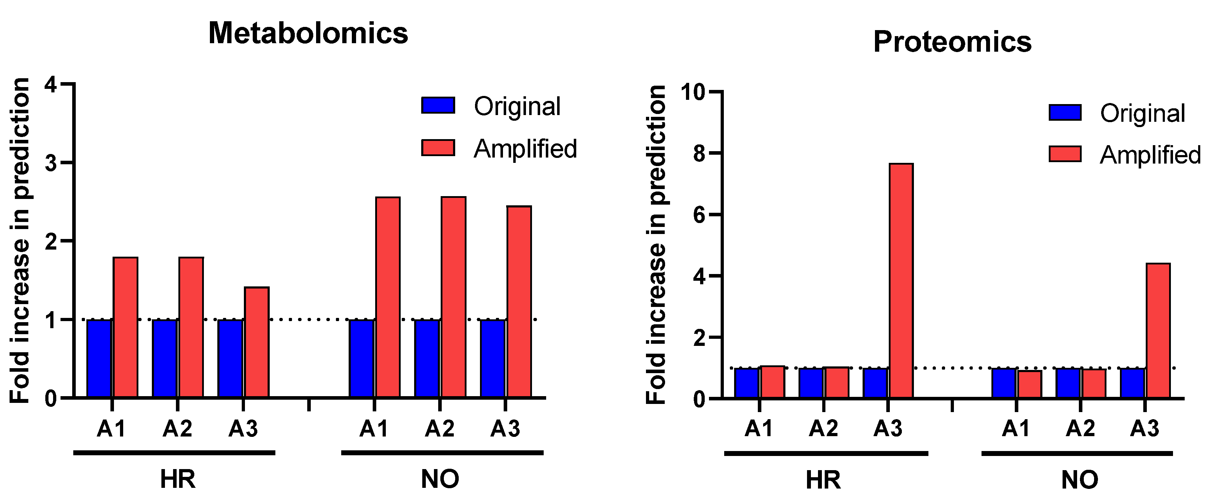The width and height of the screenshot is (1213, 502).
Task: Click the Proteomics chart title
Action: coord(952,41)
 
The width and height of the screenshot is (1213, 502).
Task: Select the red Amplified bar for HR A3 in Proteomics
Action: coord(901,281)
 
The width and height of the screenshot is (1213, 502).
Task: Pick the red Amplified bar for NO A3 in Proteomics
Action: coord(1158,331)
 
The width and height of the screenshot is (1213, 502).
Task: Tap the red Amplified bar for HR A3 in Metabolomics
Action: coord(257,342)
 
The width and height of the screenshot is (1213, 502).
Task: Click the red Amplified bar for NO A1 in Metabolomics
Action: coord(388,298)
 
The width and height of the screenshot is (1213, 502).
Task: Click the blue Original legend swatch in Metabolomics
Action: coord(438,105)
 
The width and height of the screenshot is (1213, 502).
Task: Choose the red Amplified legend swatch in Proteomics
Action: coord(1065,154)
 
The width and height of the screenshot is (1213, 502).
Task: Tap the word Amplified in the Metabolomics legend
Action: coord(525,149)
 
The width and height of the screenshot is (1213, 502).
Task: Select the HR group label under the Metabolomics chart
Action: coord(178,479)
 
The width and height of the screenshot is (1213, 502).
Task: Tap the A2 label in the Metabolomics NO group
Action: coord(439,428)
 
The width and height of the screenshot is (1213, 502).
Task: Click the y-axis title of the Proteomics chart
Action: coord(657,245)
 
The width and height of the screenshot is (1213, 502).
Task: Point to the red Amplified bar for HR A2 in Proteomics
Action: coord(836,382)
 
